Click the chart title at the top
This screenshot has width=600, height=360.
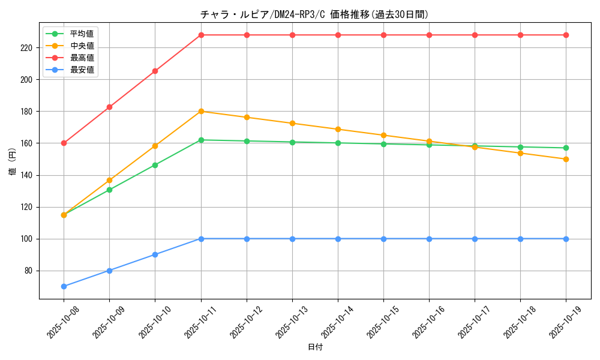point(314,14)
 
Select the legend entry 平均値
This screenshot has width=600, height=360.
point(82,34)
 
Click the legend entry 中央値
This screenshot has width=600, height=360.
point(82,46)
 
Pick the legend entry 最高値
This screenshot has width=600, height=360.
point(82,58)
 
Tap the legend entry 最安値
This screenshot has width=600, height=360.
point(82,70)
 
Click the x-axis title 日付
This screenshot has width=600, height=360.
point(314,347)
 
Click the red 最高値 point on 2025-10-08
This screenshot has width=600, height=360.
point(64,143)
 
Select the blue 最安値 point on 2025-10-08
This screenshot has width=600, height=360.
point(64,286)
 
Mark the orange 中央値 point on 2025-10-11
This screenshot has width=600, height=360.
point(201,111)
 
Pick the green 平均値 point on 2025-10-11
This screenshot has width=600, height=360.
point(201,140)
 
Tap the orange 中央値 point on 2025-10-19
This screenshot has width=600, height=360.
point(566,159)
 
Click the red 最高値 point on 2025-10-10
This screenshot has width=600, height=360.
point(155,71)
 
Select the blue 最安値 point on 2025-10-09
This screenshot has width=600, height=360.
point(109,271)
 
